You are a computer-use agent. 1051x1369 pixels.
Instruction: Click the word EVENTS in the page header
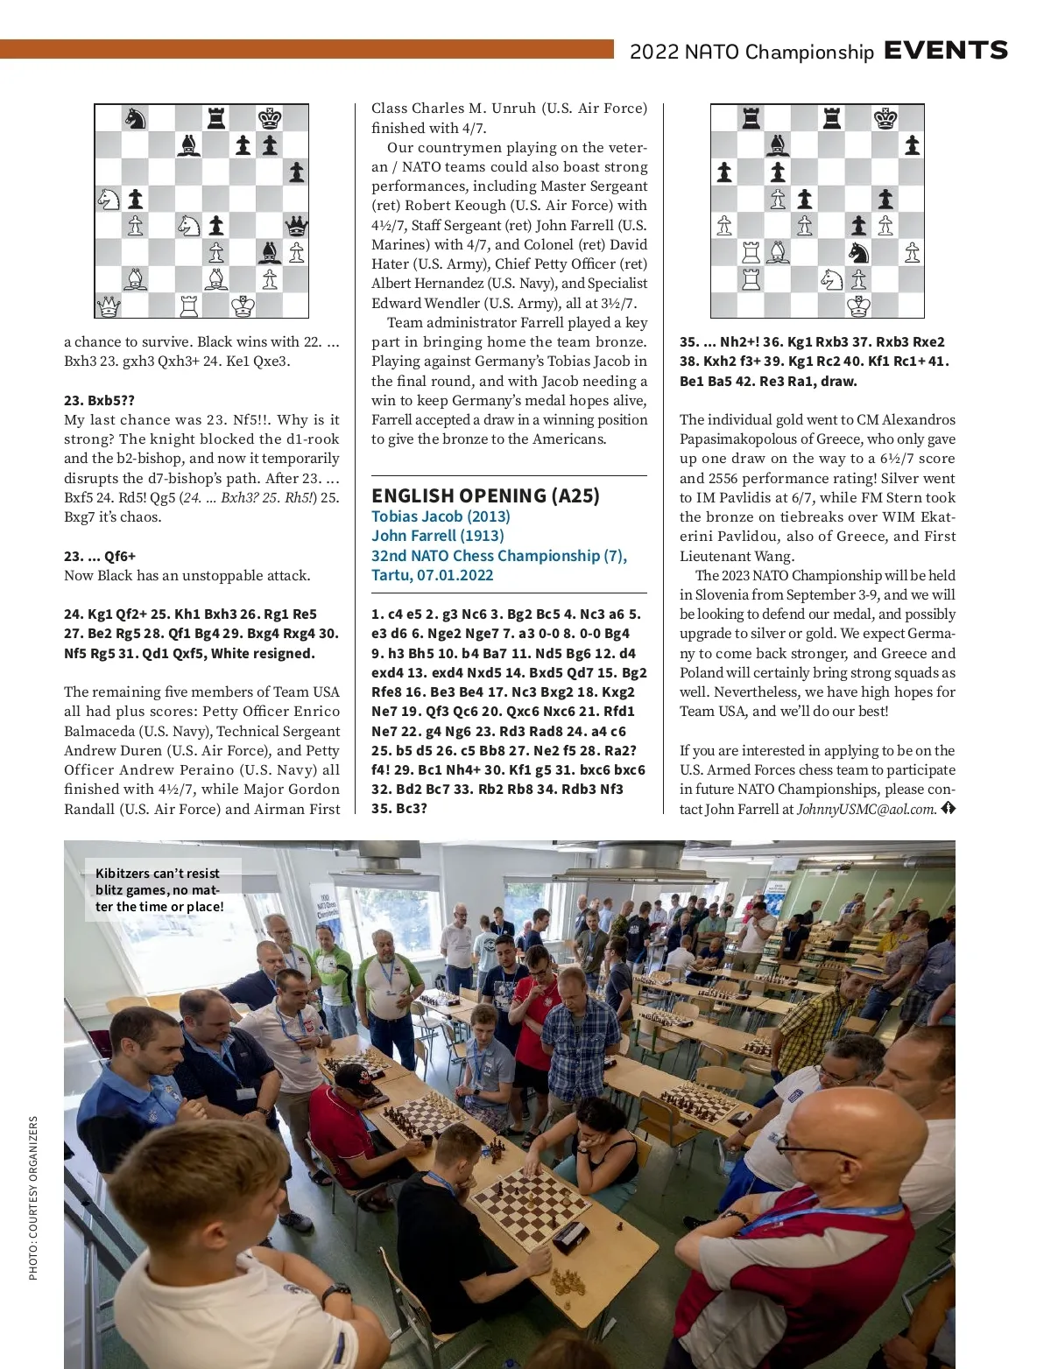[x=946, y=51]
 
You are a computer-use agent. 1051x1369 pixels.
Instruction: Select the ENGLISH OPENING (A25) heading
[x=485, y=495]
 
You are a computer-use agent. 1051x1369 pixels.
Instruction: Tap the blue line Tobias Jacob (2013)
[x=441, y=516]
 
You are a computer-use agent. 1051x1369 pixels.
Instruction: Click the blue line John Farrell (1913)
[x=438, y=536]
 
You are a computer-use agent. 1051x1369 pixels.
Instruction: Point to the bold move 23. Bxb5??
[x=99, y=400]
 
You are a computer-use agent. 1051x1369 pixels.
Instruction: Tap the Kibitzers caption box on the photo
[x=160, y=889]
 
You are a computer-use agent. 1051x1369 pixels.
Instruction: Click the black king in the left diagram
[x=270, y=118]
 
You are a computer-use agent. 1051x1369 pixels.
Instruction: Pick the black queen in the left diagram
[x=297, y=226]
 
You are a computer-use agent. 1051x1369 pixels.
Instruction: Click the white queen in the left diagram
[x=108, y=305]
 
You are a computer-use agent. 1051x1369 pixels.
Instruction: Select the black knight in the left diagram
[x=135, y=118]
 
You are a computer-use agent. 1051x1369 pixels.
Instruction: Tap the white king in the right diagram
[x=858, y=305]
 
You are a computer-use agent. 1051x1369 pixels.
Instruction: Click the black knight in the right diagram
[x=858, y=252]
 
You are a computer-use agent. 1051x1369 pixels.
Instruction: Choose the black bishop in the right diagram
[x=778, y=145]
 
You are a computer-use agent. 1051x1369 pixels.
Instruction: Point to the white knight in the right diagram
[x=831, y=279]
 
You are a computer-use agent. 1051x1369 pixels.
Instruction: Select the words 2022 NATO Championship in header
[x=751, y=52]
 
